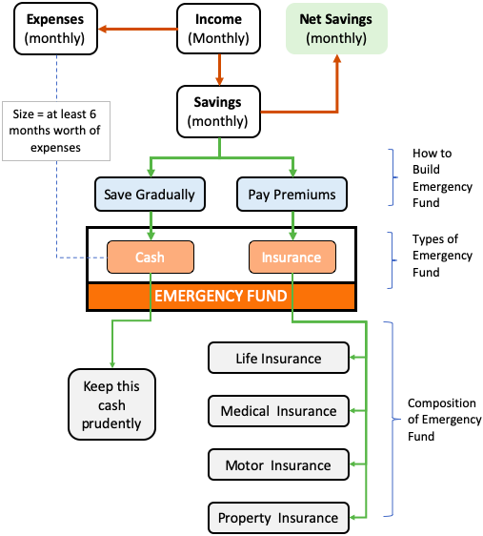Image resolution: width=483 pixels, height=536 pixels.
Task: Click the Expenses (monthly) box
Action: pos(55,29)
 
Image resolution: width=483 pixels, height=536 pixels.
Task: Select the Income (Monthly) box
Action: pos(218,29)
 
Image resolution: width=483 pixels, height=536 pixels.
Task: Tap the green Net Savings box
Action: pos(336,29)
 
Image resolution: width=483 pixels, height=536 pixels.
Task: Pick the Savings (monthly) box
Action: pos(218,112)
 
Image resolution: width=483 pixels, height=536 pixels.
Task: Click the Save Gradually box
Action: pos(150,195)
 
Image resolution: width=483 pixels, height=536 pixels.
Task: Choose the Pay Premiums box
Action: pos(292,195)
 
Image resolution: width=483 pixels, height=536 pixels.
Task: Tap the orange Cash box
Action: pos(151,258)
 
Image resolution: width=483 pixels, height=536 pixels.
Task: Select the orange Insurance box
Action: pos(292,258)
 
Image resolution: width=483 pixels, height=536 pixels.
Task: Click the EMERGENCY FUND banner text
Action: pos(221,296)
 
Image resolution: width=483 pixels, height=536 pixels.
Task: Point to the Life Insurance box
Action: pos(278,358)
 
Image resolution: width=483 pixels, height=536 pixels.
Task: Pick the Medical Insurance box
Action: pos(278,411)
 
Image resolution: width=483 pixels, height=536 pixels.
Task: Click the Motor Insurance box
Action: pos(278,464)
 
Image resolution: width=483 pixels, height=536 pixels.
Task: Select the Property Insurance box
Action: pos(278,518)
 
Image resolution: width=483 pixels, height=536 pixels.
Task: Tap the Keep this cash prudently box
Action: pos(112,404)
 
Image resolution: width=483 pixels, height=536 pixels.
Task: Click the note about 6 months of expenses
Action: pos(56,131)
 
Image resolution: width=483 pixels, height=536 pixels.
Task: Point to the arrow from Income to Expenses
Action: pos(138,29)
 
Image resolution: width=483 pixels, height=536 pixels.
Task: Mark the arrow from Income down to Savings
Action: pos(219,70)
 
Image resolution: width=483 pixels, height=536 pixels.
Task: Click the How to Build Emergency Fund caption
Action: pos(442,177)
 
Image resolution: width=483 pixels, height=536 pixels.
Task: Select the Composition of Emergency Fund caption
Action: pos(445,420)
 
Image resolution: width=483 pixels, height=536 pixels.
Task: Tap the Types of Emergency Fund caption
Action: pos(442,256)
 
